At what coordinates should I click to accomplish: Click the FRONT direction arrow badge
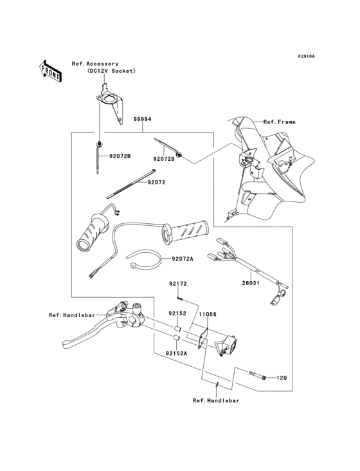(51, 70)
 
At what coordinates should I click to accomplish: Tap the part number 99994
(143, 120)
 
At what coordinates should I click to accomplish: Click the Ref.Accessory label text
(95, 64)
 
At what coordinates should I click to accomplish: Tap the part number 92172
(177, 284)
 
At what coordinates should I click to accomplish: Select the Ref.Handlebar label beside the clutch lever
(71, 315)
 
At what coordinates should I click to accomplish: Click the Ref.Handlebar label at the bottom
(216, 401)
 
